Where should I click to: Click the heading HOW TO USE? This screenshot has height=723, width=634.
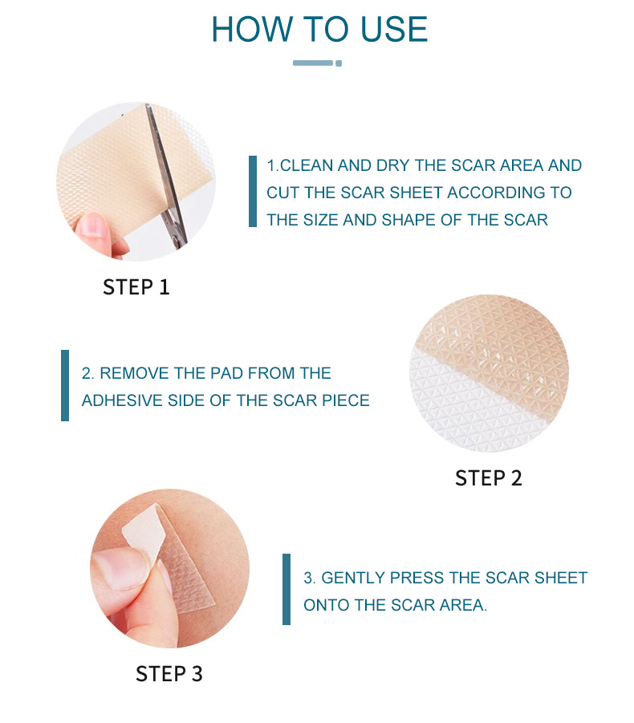(x=319, y=30)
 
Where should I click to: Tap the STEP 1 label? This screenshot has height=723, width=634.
(x=136, y=287)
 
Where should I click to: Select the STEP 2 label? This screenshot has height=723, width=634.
(x=488, y=478)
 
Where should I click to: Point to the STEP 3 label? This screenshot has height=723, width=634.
(x=169, y=674)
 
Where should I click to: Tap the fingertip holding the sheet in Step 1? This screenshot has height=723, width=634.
(x=94, y=227)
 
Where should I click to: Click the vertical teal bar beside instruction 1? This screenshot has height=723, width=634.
(x=253, y=191)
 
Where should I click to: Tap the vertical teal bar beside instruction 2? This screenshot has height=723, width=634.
(x=65, y=385)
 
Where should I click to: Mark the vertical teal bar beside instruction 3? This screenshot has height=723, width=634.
(x=287, y=589)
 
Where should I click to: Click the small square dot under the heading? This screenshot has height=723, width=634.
(x=339, y=63)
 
